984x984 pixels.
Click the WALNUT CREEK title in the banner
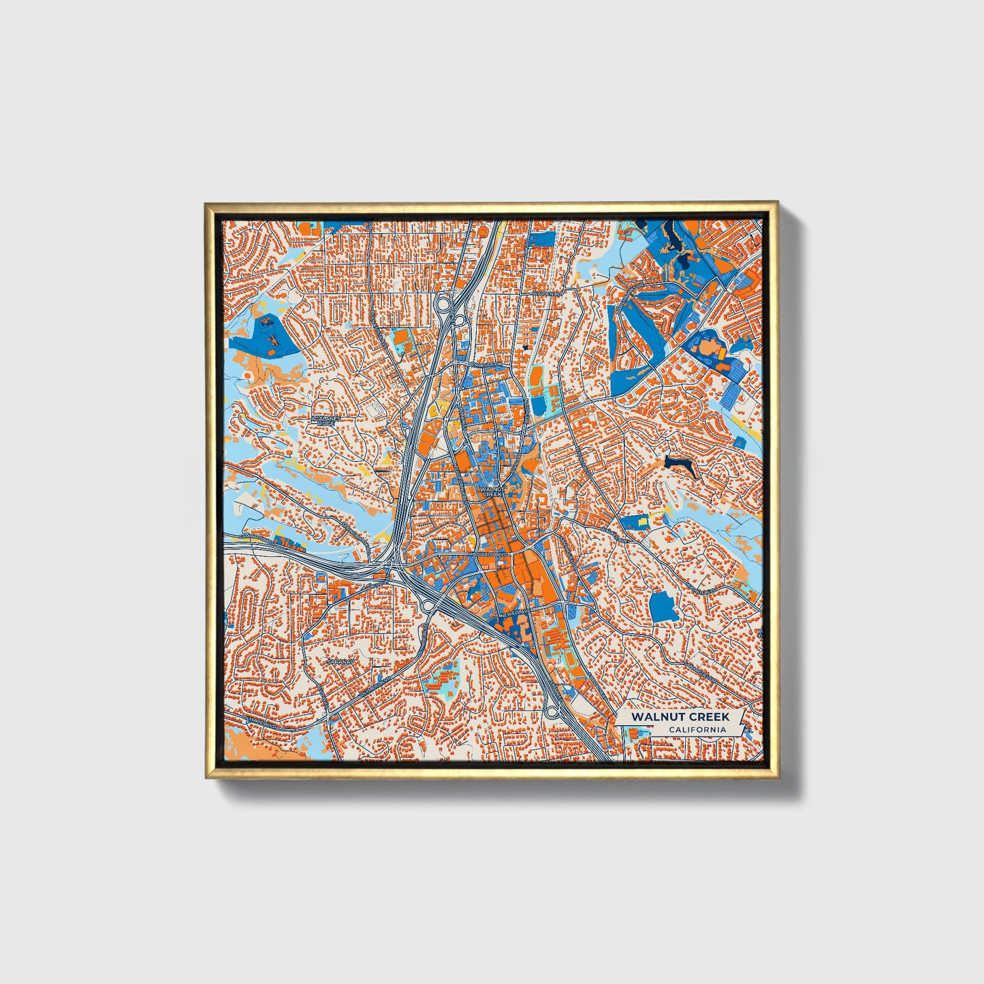tap(680, 716)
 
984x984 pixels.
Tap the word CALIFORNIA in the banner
tap(697, 729)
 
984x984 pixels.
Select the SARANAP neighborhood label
tap(338, 661)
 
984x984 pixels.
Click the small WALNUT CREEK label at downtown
tap(491, 491)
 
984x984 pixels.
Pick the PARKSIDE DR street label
tap(487, 365)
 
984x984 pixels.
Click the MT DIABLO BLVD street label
tap(488, 554)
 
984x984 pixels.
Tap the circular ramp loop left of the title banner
tap(550, 712)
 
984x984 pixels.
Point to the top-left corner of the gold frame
tap(206, 204)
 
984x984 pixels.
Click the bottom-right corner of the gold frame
tap(777, 777)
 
